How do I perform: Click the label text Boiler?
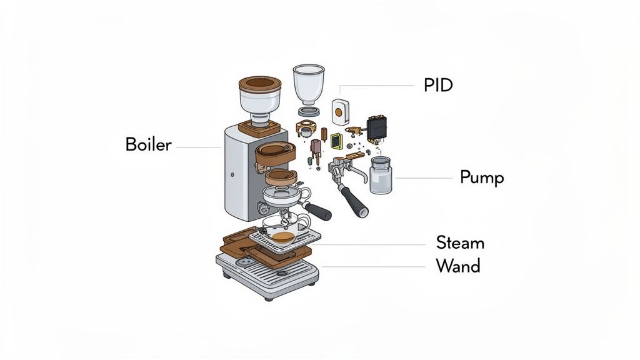tap(148, 144)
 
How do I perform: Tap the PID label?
tap(437, 86)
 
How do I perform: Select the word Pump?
tap(481, 177)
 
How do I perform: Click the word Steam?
tap(460, 242)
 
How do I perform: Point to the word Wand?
tap(458, 266)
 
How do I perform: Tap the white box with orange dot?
tap(339, 112)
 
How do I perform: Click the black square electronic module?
tap(377, 127)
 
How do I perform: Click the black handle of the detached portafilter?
tap(354, 202)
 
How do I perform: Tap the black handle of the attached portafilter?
tap(318, 212)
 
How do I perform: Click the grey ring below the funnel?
tap(309, 111)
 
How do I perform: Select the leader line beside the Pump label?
tap(424, 178)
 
